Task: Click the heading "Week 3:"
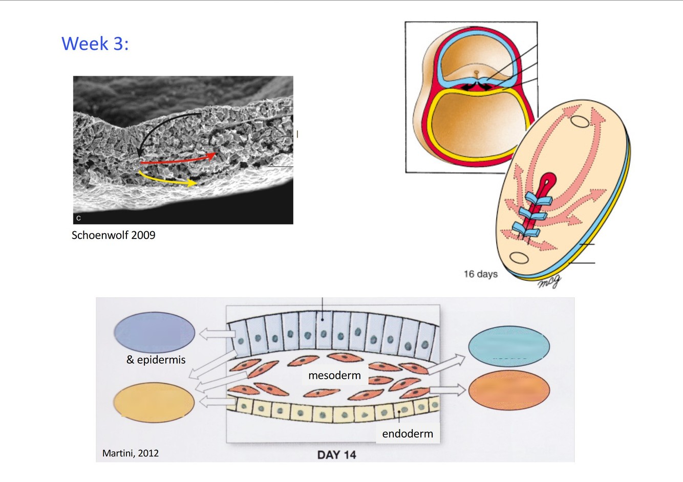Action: (x=95, y=44)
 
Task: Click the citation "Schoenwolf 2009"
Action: (x=113, y=235)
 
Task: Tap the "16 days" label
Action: (x=480, y=274)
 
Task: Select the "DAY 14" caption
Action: (x=336, y=455)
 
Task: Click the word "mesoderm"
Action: (x=334, y=376)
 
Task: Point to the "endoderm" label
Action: (x=407, y=434)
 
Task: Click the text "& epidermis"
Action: (x=156, y=360)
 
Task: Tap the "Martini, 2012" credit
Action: (x=130, y=453)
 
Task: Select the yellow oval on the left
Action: (x=154, y=403)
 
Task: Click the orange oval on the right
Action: (x=509, y=390)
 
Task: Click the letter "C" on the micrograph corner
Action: (x=78, y=218)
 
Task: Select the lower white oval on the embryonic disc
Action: (x=519, y=257)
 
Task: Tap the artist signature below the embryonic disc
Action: (x=549, y=281)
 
